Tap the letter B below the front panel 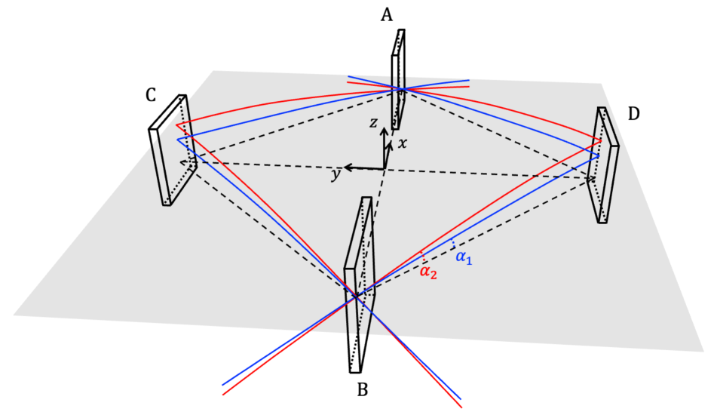362,390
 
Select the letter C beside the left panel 151,95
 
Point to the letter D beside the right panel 633,113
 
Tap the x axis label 403,143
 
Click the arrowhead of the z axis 384,130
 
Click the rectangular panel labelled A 398,79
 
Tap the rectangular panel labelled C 173,151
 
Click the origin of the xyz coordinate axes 385,168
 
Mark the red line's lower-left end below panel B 223,394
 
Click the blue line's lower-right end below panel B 461,398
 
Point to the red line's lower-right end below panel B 461,406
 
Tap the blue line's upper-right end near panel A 469,79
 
